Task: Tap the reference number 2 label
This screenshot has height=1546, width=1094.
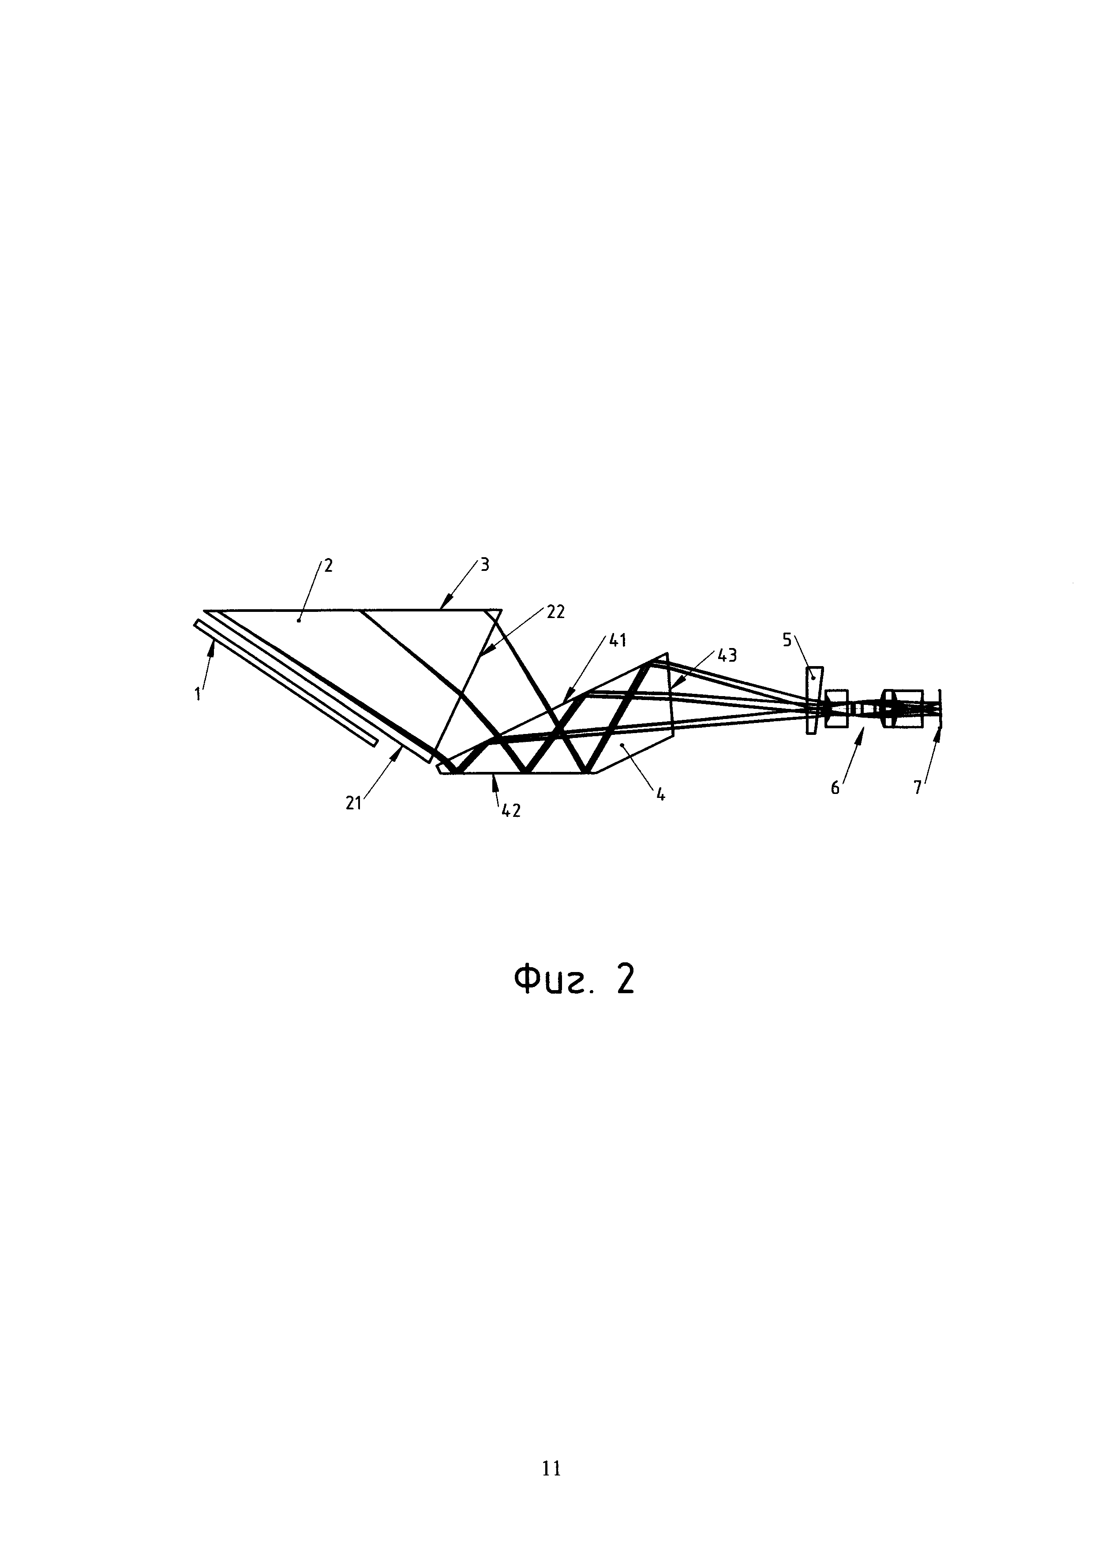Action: pos(329,565)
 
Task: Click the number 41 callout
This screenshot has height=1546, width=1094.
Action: pos(618,641)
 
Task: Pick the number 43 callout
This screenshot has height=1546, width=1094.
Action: pos(726,655)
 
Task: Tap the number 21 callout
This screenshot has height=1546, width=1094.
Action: pos(354,803)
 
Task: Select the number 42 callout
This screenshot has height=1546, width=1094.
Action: pos(511,812)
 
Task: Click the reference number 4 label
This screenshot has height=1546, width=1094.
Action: pos(661,795)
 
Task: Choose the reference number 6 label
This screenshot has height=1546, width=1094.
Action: pos(835,788)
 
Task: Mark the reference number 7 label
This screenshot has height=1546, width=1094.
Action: pos(918,788)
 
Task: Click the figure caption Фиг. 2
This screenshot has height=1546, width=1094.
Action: pos(574,980)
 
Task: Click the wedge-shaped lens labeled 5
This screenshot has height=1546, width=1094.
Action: pos(814,700)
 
